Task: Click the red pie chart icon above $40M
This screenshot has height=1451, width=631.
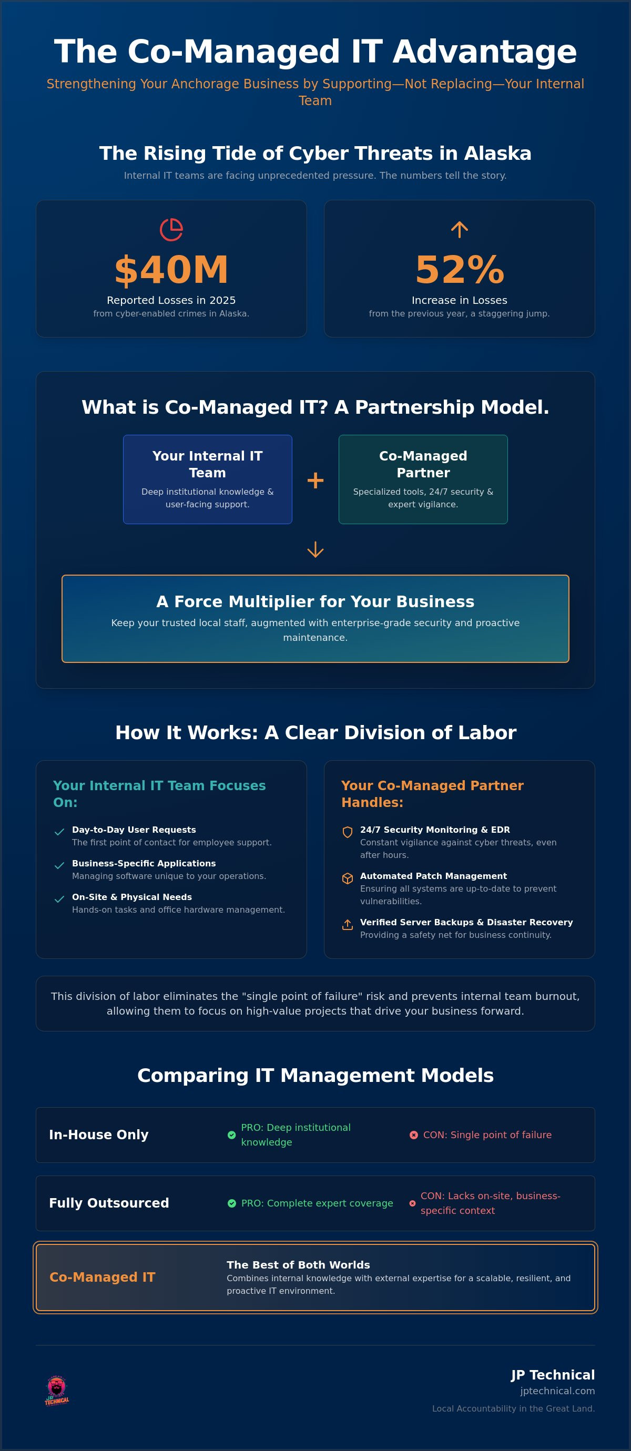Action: [x=171, y=230]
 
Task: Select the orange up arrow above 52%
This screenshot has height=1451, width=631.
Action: [x=460, y=229]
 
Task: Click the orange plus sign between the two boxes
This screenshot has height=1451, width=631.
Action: [x=315, y=481]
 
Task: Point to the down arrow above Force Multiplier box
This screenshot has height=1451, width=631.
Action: [x=315, y=550]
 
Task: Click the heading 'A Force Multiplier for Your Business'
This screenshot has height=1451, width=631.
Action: [x=315, y=601]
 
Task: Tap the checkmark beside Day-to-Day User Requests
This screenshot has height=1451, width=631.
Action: [x=59, y=832]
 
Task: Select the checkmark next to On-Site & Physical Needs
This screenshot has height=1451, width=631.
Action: [x=59, y=899]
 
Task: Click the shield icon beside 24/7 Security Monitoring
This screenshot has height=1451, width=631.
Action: [x=348, y=832]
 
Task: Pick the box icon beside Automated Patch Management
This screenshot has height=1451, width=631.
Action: [x=348, y=878]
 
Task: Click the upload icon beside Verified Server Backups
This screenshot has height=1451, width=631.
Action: [x=348, y=924]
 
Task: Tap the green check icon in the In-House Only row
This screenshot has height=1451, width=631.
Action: [x=231, y=1135]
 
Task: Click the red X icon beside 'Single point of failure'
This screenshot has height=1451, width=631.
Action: [x=413, y=1135]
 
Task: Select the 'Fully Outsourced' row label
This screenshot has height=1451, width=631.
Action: [x=109, y=1203]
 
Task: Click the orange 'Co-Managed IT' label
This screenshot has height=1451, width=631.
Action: [x=102, y=1277]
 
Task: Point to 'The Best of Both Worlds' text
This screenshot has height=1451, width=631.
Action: [x=298, y=1264]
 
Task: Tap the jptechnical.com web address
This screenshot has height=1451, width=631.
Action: [x=557, y=1391]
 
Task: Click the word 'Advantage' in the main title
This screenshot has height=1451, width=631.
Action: [x=484, y=52]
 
